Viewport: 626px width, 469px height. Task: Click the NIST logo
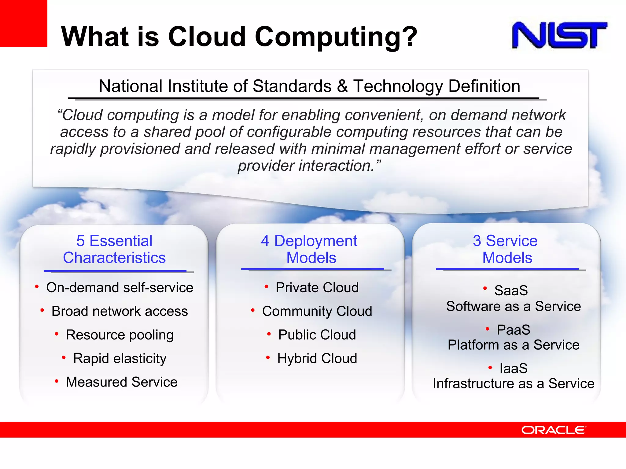[x=559, y=35]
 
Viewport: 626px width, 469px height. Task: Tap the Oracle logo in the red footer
[x=554, y=430]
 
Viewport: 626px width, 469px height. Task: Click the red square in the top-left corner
[x=24, y=23]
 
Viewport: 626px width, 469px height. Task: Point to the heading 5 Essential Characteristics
[x=114, y=249]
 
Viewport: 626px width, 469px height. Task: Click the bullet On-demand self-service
[x=120, y=288]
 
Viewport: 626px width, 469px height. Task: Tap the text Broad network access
[x=120, y=311]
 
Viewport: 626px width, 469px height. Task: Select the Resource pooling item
[x=120, y=335]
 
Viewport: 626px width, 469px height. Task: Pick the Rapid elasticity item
[x=120, y=358]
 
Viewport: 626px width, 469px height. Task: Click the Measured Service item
[x=122, y=382]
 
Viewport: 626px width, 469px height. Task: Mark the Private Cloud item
[x=317, y=288]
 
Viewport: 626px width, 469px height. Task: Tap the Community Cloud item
[x=317, y=311]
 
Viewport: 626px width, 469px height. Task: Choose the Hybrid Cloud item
[x=317, y=358]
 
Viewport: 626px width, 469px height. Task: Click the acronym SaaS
[x=511, y=290]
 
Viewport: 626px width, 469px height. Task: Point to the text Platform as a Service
[x=514, y=345]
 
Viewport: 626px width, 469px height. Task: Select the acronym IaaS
[x=514, y=369]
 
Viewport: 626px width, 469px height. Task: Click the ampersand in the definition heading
[x=342, y=86]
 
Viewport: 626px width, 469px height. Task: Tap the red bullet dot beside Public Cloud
[x=269, y=334]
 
